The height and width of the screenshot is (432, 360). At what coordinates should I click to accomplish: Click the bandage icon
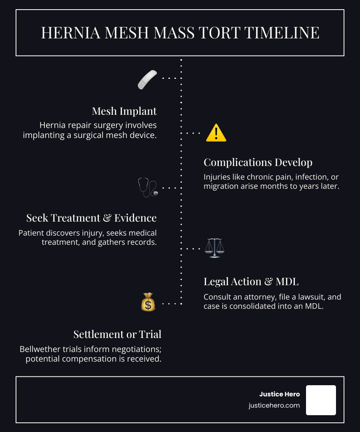coord(148,79)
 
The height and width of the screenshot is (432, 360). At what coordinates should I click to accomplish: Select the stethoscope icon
coord(148,187)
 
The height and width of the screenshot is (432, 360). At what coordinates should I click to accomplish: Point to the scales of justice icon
coord(214,248)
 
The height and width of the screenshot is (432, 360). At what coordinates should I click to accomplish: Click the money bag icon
coord(148,302)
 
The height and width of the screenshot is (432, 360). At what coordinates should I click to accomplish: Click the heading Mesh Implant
coord(124,111)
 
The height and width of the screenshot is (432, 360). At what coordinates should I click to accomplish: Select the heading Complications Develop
coord(258,162)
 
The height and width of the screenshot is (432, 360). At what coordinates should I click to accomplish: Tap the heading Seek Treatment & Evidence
coord(92,218)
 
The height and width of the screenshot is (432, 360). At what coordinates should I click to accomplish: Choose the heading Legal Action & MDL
coord(251,282)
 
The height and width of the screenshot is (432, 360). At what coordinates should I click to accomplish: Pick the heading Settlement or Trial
coord(118,334)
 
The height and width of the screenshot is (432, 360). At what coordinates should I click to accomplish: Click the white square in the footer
coord(321,400)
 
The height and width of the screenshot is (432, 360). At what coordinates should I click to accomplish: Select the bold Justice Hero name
coord(280,394)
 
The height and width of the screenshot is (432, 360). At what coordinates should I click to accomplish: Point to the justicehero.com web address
coord(274,406)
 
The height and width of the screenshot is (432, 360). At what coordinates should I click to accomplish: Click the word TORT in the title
coord(223,33)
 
